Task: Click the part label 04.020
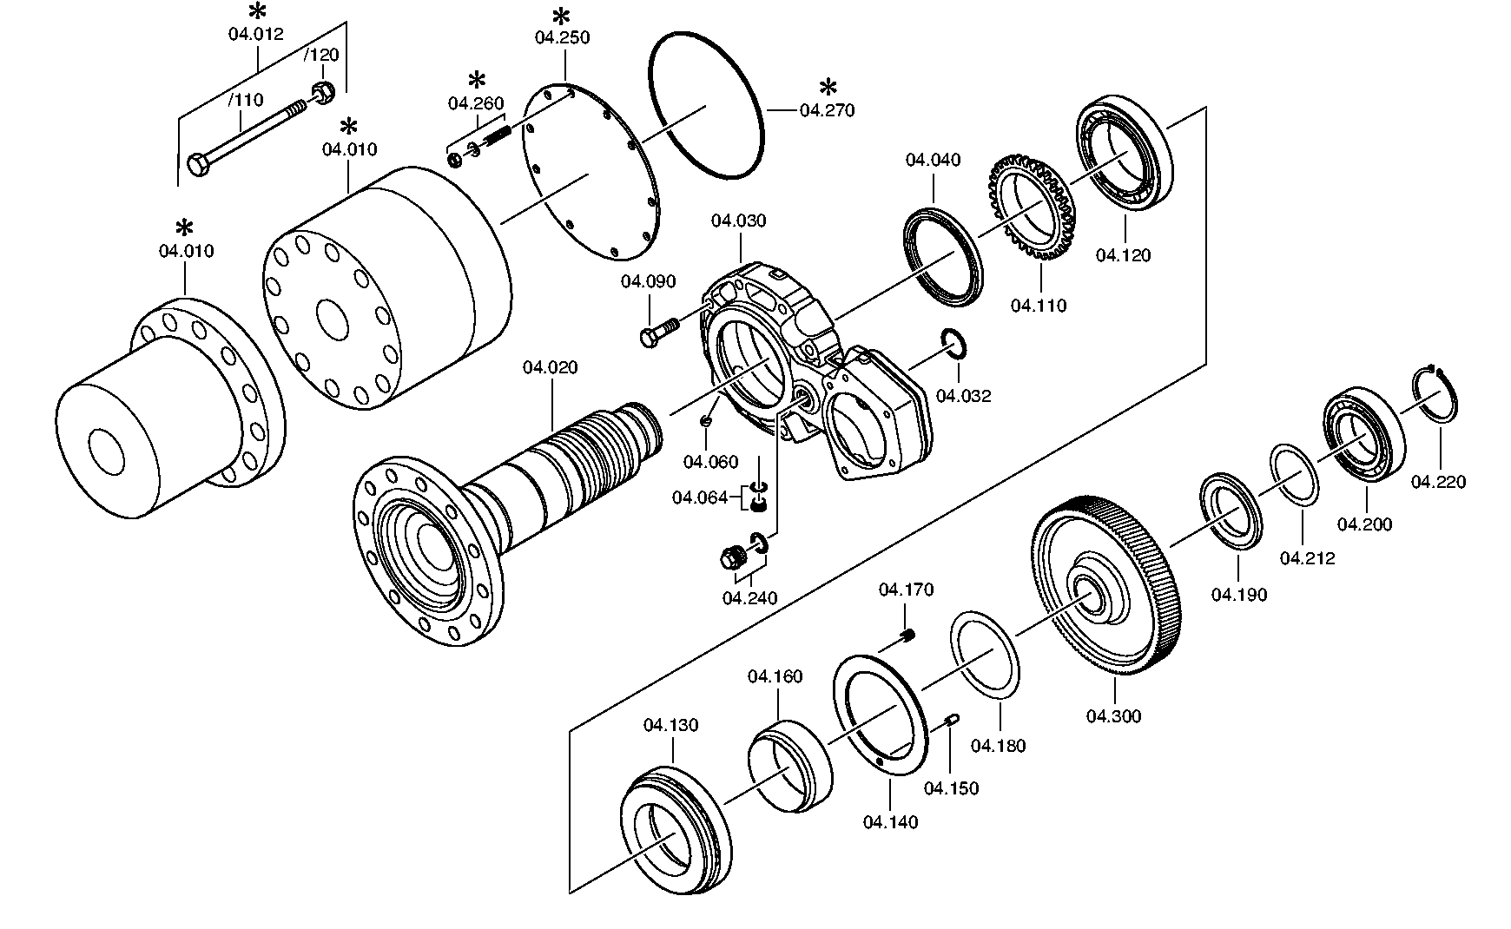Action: coord(551,368)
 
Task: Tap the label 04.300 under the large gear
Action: coord(1113,716)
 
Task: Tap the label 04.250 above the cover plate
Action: coord(562,37)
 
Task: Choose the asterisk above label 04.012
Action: coord(257,12)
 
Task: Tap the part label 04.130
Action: coord(670,725)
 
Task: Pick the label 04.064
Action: coord(699,497)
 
